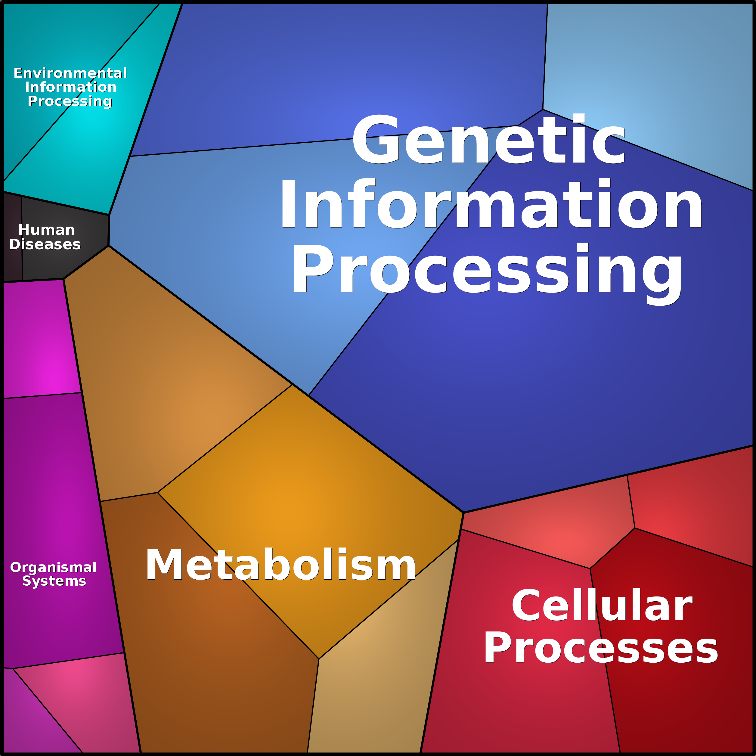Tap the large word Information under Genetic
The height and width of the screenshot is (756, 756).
(491, 204)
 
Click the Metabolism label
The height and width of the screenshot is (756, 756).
(280, 565)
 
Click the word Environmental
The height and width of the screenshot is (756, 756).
(70, 73)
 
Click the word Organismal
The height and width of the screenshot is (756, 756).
(53, 567)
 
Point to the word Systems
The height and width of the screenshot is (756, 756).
(54, 581)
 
